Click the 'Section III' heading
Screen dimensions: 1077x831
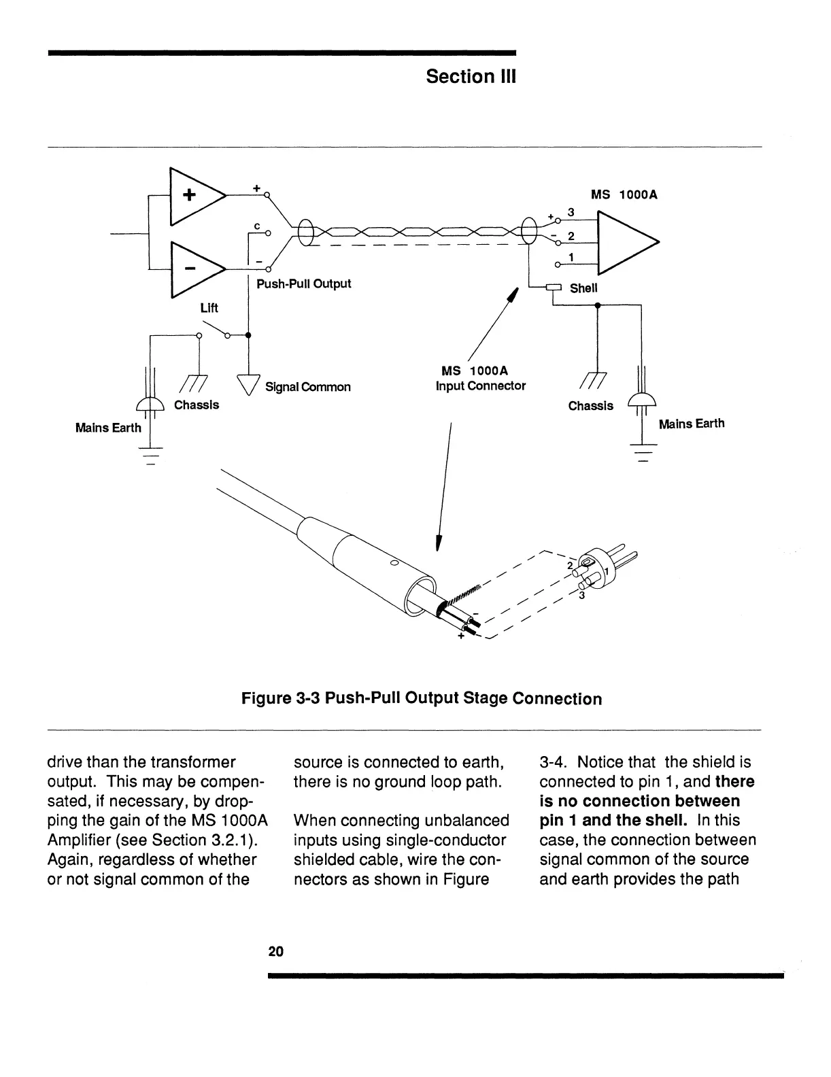(471, 77)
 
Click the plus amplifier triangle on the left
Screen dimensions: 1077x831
(194, 195)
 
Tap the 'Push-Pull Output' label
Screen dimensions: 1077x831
(303, 284)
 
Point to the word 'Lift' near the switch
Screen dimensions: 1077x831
(209, 308)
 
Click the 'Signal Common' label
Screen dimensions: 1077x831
(307, 387)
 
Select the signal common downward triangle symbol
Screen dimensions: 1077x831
(248, 384)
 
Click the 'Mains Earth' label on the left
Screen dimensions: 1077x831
(108, 428)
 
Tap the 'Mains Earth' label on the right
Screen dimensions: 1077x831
(691, 424)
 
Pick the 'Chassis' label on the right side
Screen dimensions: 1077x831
(590, 406)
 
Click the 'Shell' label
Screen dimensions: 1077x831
(583, 288)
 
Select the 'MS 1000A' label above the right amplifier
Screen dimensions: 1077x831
(624, 194)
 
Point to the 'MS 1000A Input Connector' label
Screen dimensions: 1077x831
(480, 379)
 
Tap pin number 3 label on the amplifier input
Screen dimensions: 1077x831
(571, 213)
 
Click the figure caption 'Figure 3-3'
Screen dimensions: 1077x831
(422, 699)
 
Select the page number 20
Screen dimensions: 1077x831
(275, 951)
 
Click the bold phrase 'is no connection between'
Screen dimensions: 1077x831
(639, 801)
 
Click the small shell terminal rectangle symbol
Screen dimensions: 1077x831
(553, 287)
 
